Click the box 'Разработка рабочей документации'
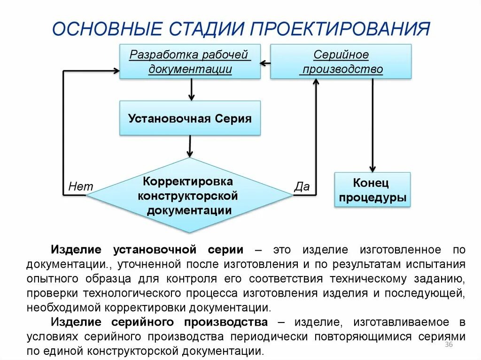click(190, 61)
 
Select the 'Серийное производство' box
click(341, 61)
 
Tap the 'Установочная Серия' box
click(190, 118)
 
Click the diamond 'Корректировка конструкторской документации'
click(189, 195)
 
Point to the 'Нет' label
click(81, 186)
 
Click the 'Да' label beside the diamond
click(302, 186)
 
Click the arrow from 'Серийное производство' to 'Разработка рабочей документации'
click(265, 62)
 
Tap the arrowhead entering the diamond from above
click(190, 153)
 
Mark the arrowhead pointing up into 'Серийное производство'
click(316, 83)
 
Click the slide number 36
click(448, 345)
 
